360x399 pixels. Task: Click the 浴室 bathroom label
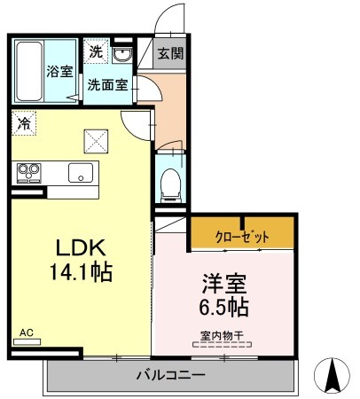pyautogui.click(x=59, y=72)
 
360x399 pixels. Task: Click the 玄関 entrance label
pyautogui.click(x=170, y=53)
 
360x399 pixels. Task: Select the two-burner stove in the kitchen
pyautogui.click(x=26, y=171)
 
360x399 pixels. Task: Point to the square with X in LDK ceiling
pyautogui.click(x=95, y=139)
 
